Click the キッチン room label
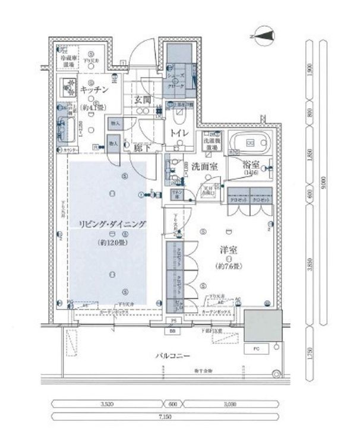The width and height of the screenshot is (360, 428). tap(93, 89)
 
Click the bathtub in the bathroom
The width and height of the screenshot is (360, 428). tap(250, 143)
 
